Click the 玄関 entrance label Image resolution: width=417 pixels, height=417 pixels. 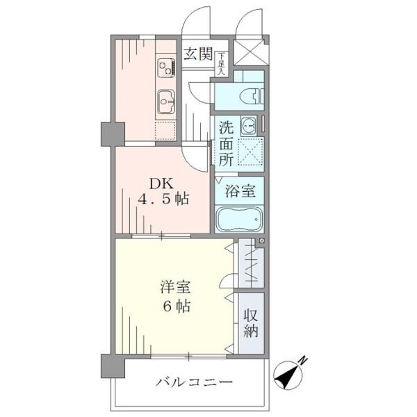pos(198,54)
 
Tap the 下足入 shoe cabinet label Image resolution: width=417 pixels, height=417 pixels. pos(221,64)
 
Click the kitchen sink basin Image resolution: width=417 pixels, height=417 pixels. pos(166,101)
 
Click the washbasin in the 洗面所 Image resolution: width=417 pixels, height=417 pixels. pos(248,124)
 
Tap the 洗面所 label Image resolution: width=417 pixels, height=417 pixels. pos(226,144)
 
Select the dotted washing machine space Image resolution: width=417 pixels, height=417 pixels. pos(250,152)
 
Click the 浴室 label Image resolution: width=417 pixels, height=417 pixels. pos(240,190)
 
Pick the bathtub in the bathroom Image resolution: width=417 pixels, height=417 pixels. pos(240,220)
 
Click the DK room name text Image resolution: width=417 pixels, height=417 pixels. pos(161,183)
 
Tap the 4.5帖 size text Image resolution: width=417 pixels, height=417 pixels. pos(163,199)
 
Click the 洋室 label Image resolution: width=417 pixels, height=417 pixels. pos(176,287)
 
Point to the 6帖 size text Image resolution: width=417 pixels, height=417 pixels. pos(177,306)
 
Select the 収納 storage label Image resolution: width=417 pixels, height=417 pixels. pos(251,324)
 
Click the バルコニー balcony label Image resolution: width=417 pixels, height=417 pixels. pos(194,383)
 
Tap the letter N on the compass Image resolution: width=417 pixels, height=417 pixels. pos(303,361)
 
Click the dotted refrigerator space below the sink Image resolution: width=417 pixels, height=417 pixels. pos(165,131)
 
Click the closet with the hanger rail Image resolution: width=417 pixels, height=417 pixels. pos(251,263)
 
